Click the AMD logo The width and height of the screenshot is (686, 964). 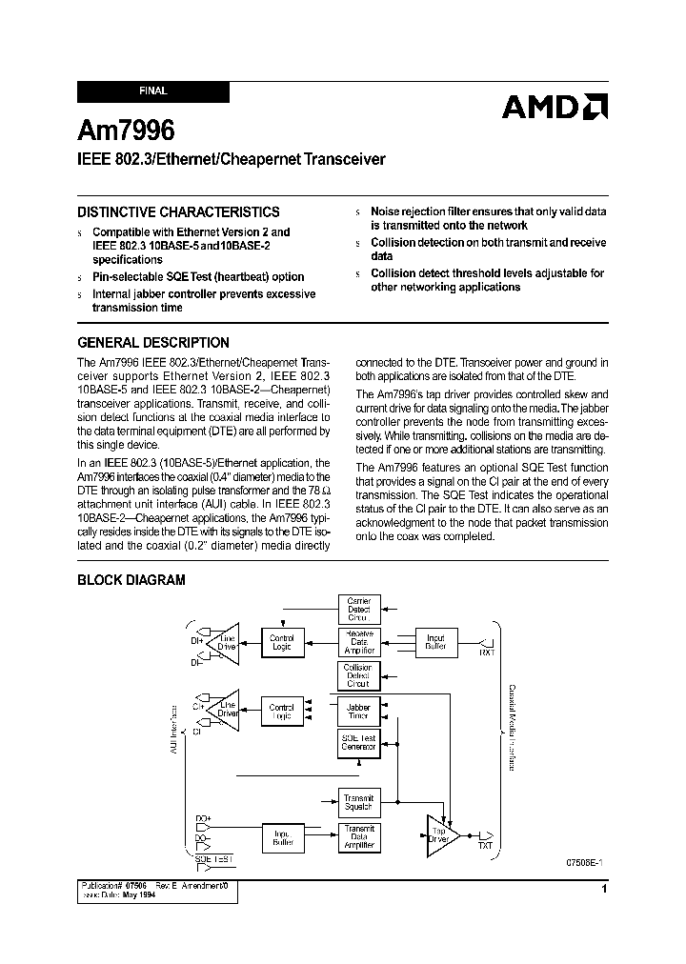(555, 107)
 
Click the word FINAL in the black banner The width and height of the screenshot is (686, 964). (152, 91)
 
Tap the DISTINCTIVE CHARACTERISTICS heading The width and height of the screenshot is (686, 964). (178, 212)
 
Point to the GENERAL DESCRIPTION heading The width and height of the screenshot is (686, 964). (152, 343)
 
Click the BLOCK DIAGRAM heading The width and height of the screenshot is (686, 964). (131, 580)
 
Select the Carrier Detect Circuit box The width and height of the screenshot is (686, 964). (358, 610)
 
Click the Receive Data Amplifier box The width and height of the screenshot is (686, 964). (358, 641)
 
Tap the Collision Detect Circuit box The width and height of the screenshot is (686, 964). (358, 674)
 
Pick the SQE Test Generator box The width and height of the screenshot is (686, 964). (358, 743)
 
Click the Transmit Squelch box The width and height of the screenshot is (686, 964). (358, 801)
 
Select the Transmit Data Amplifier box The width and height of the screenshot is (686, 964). (358, 836)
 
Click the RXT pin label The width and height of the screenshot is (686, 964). (486, 653)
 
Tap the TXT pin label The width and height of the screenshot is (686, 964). (486, 846)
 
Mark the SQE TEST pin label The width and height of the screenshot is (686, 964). (213, 858)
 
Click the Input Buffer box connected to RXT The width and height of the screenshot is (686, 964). (435, 641)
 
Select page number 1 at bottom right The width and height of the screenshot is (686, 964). (605, 890)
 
